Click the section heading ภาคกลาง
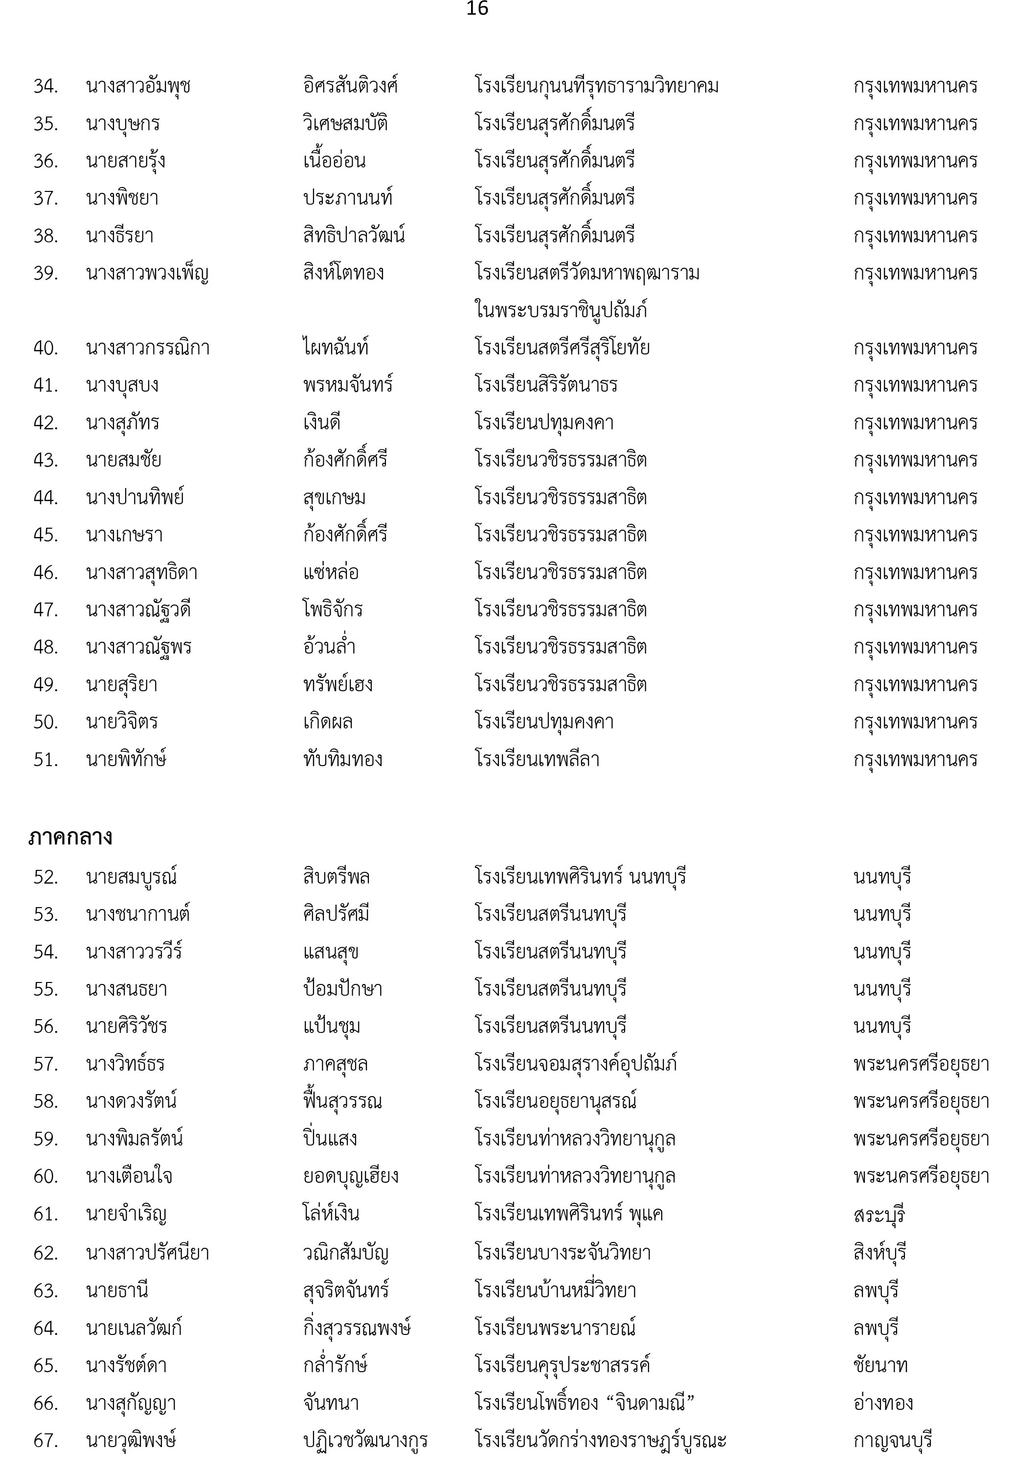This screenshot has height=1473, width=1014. pos(70,837)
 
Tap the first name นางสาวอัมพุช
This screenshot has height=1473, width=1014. pos(138,86)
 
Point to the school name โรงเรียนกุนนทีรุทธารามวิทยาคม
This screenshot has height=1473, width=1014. pos(597,86)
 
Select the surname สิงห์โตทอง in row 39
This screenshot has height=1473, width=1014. pos(344,273)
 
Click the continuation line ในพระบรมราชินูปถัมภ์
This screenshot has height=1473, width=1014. pos(561,310)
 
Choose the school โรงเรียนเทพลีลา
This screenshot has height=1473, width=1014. pos(538,759)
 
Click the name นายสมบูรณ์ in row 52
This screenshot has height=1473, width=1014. pos(132,877)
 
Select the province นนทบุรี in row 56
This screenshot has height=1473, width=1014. pos(882,1027)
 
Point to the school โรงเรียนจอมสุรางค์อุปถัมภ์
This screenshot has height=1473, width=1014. pos(576,1064)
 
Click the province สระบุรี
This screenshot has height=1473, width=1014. pos(879,1214)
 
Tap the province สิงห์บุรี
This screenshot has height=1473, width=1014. pos(880,1253)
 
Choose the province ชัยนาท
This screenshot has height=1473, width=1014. pos(880,1366)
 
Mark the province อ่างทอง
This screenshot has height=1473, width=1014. pos(883,1403)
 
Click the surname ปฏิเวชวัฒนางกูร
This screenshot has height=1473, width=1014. pos(365,1441)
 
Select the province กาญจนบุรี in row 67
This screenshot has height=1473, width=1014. pos(893,1441)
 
